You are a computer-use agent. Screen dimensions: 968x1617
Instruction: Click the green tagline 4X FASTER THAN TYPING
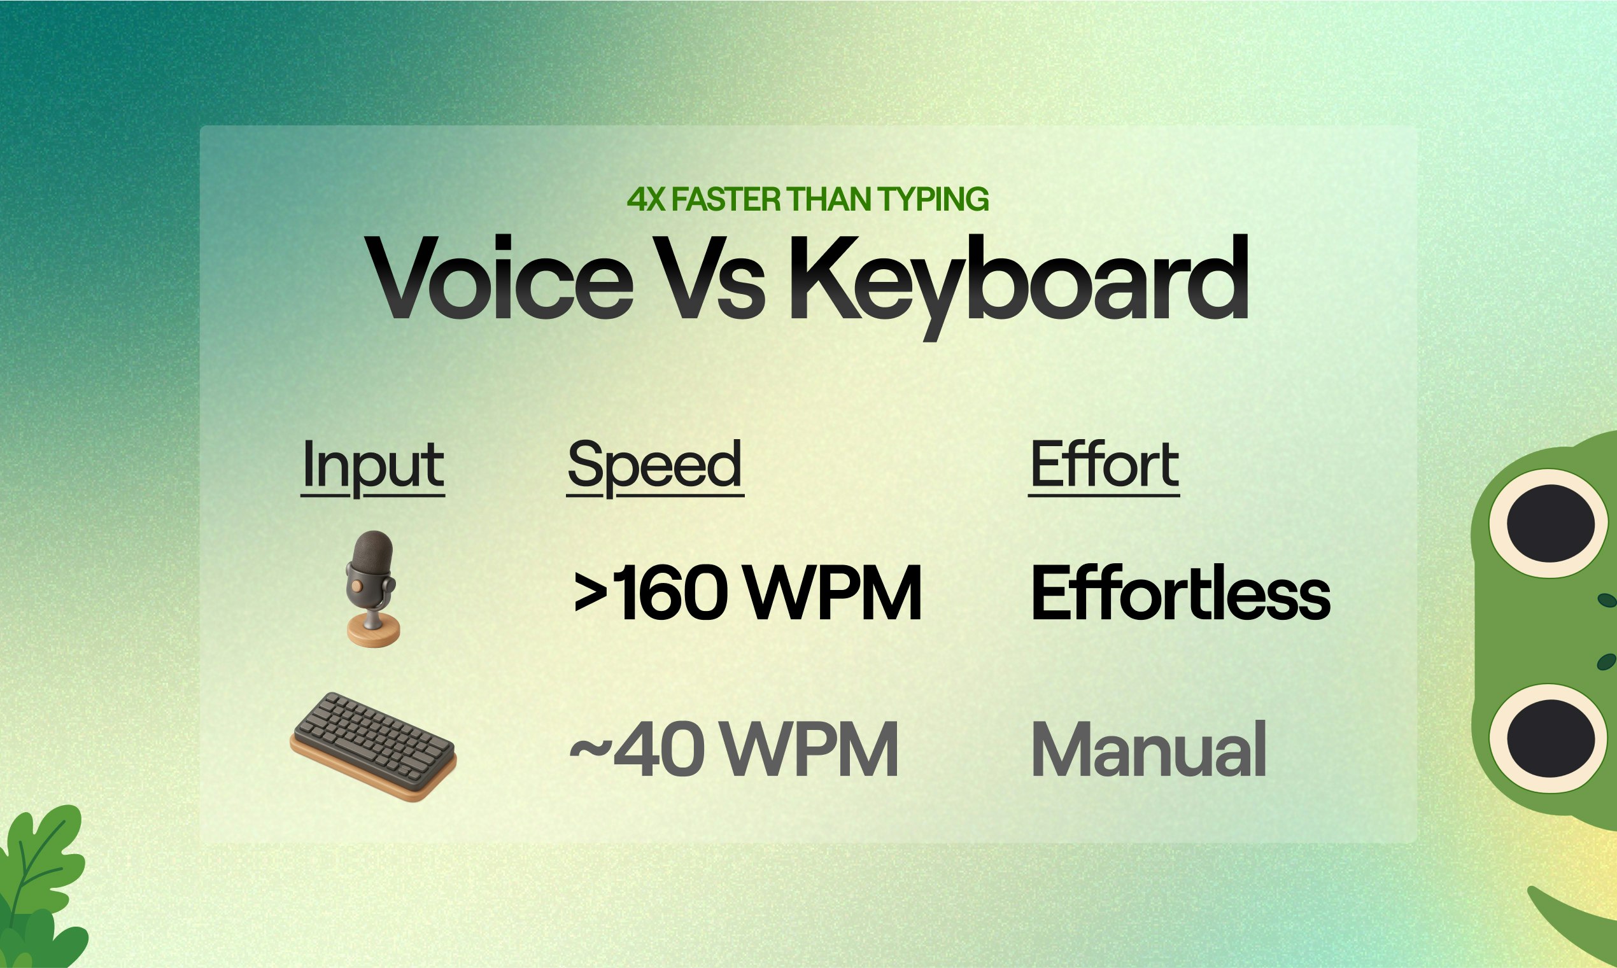pos(807,200)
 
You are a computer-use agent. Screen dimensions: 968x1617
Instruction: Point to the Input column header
pos(372,465)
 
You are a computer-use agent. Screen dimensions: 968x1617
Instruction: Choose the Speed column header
pos(655,465)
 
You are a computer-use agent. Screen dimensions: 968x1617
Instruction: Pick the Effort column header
pos(1104,465)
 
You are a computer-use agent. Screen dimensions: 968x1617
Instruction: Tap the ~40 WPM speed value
pos(733,750)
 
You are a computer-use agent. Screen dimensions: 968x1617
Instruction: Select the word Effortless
pos(1179,593)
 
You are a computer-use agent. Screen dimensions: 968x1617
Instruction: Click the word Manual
pos(1148,750)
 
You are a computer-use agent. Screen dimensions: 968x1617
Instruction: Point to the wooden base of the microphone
pos(373,631)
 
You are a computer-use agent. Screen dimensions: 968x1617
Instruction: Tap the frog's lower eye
pos(1550,738)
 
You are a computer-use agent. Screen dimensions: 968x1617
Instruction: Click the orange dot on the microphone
pos(356,586)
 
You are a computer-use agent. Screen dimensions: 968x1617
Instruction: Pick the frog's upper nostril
pos(1606,600)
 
